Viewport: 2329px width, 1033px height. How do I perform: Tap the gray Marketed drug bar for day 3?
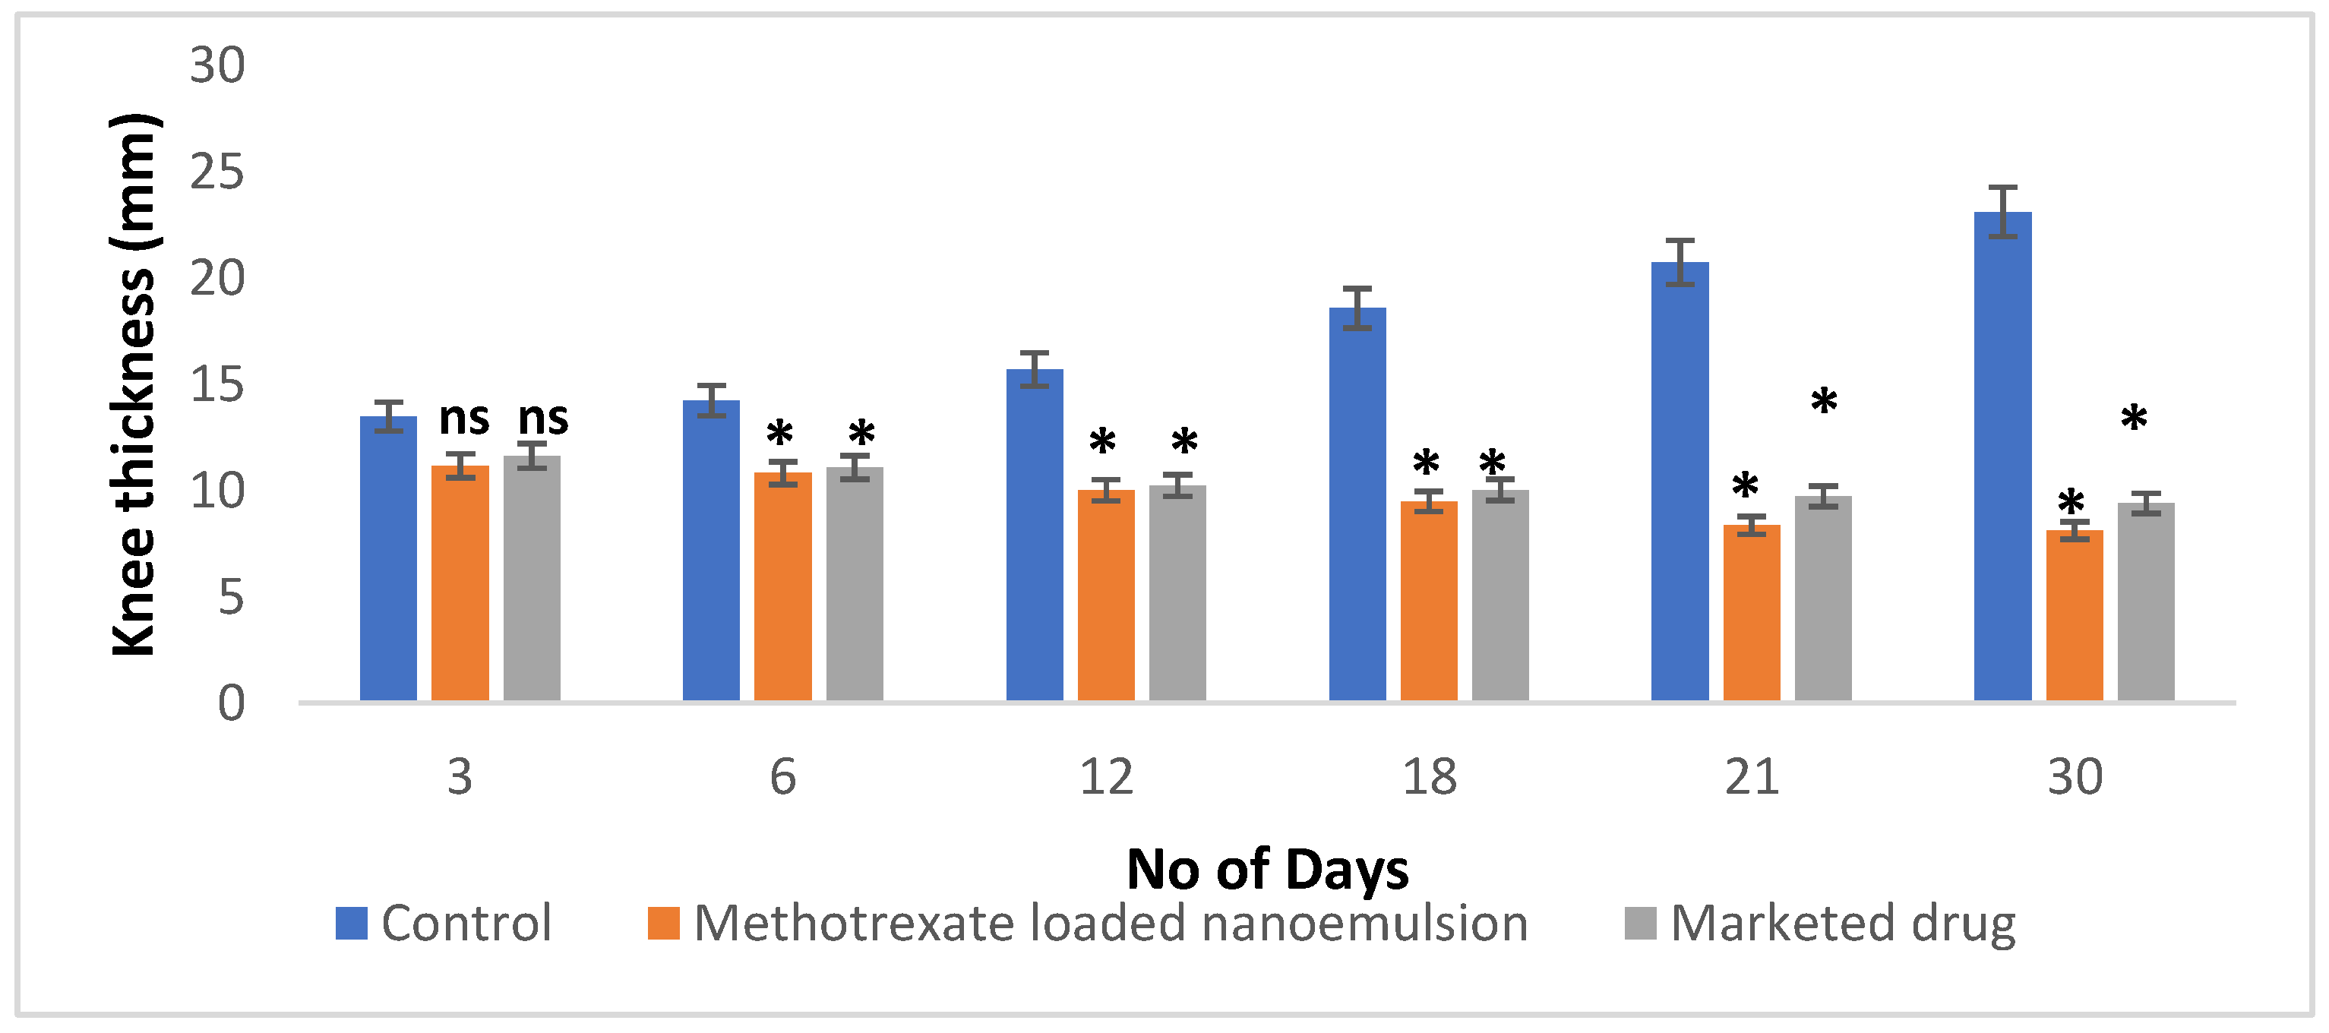pyautogui.click(x=532, y=579)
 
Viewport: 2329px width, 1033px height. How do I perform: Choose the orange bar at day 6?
pyautogui.click(x=783, y=586)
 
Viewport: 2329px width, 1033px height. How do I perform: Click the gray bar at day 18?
pyautogui.click(x=1500, y=595)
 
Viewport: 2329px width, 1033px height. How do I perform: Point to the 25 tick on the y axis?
pyautogui.click(x=217, y=172)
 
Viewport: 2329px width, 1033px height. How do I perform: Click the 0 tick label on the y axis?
pyautogui.click(x=231, y=703)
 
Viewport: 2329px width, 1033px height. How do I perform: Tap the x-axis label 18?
pyautogui.click(x=1430, y=777)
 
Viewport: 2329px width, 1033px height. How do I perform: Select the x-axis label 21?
pyautogui.click(x=1751, y=777)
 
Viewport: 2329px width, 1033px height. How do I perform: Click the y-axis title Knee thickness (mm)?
pyautogui.click(x=134, y=384)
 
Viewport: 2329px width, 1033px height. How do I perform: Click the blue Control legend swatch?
pyautogui.click(x=351, y=924)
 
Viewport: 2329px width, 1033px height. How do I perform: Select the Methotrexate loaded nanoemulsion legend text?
pyautogui.click(x=1111, y=924)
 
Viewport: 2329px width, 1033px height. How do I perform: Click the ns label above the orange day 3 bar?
pyautogui.click(x=464, y=419)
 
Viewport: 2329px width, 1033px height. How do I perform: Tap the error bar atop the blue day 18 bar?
pyautogui.click(x=1357, y=308)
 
